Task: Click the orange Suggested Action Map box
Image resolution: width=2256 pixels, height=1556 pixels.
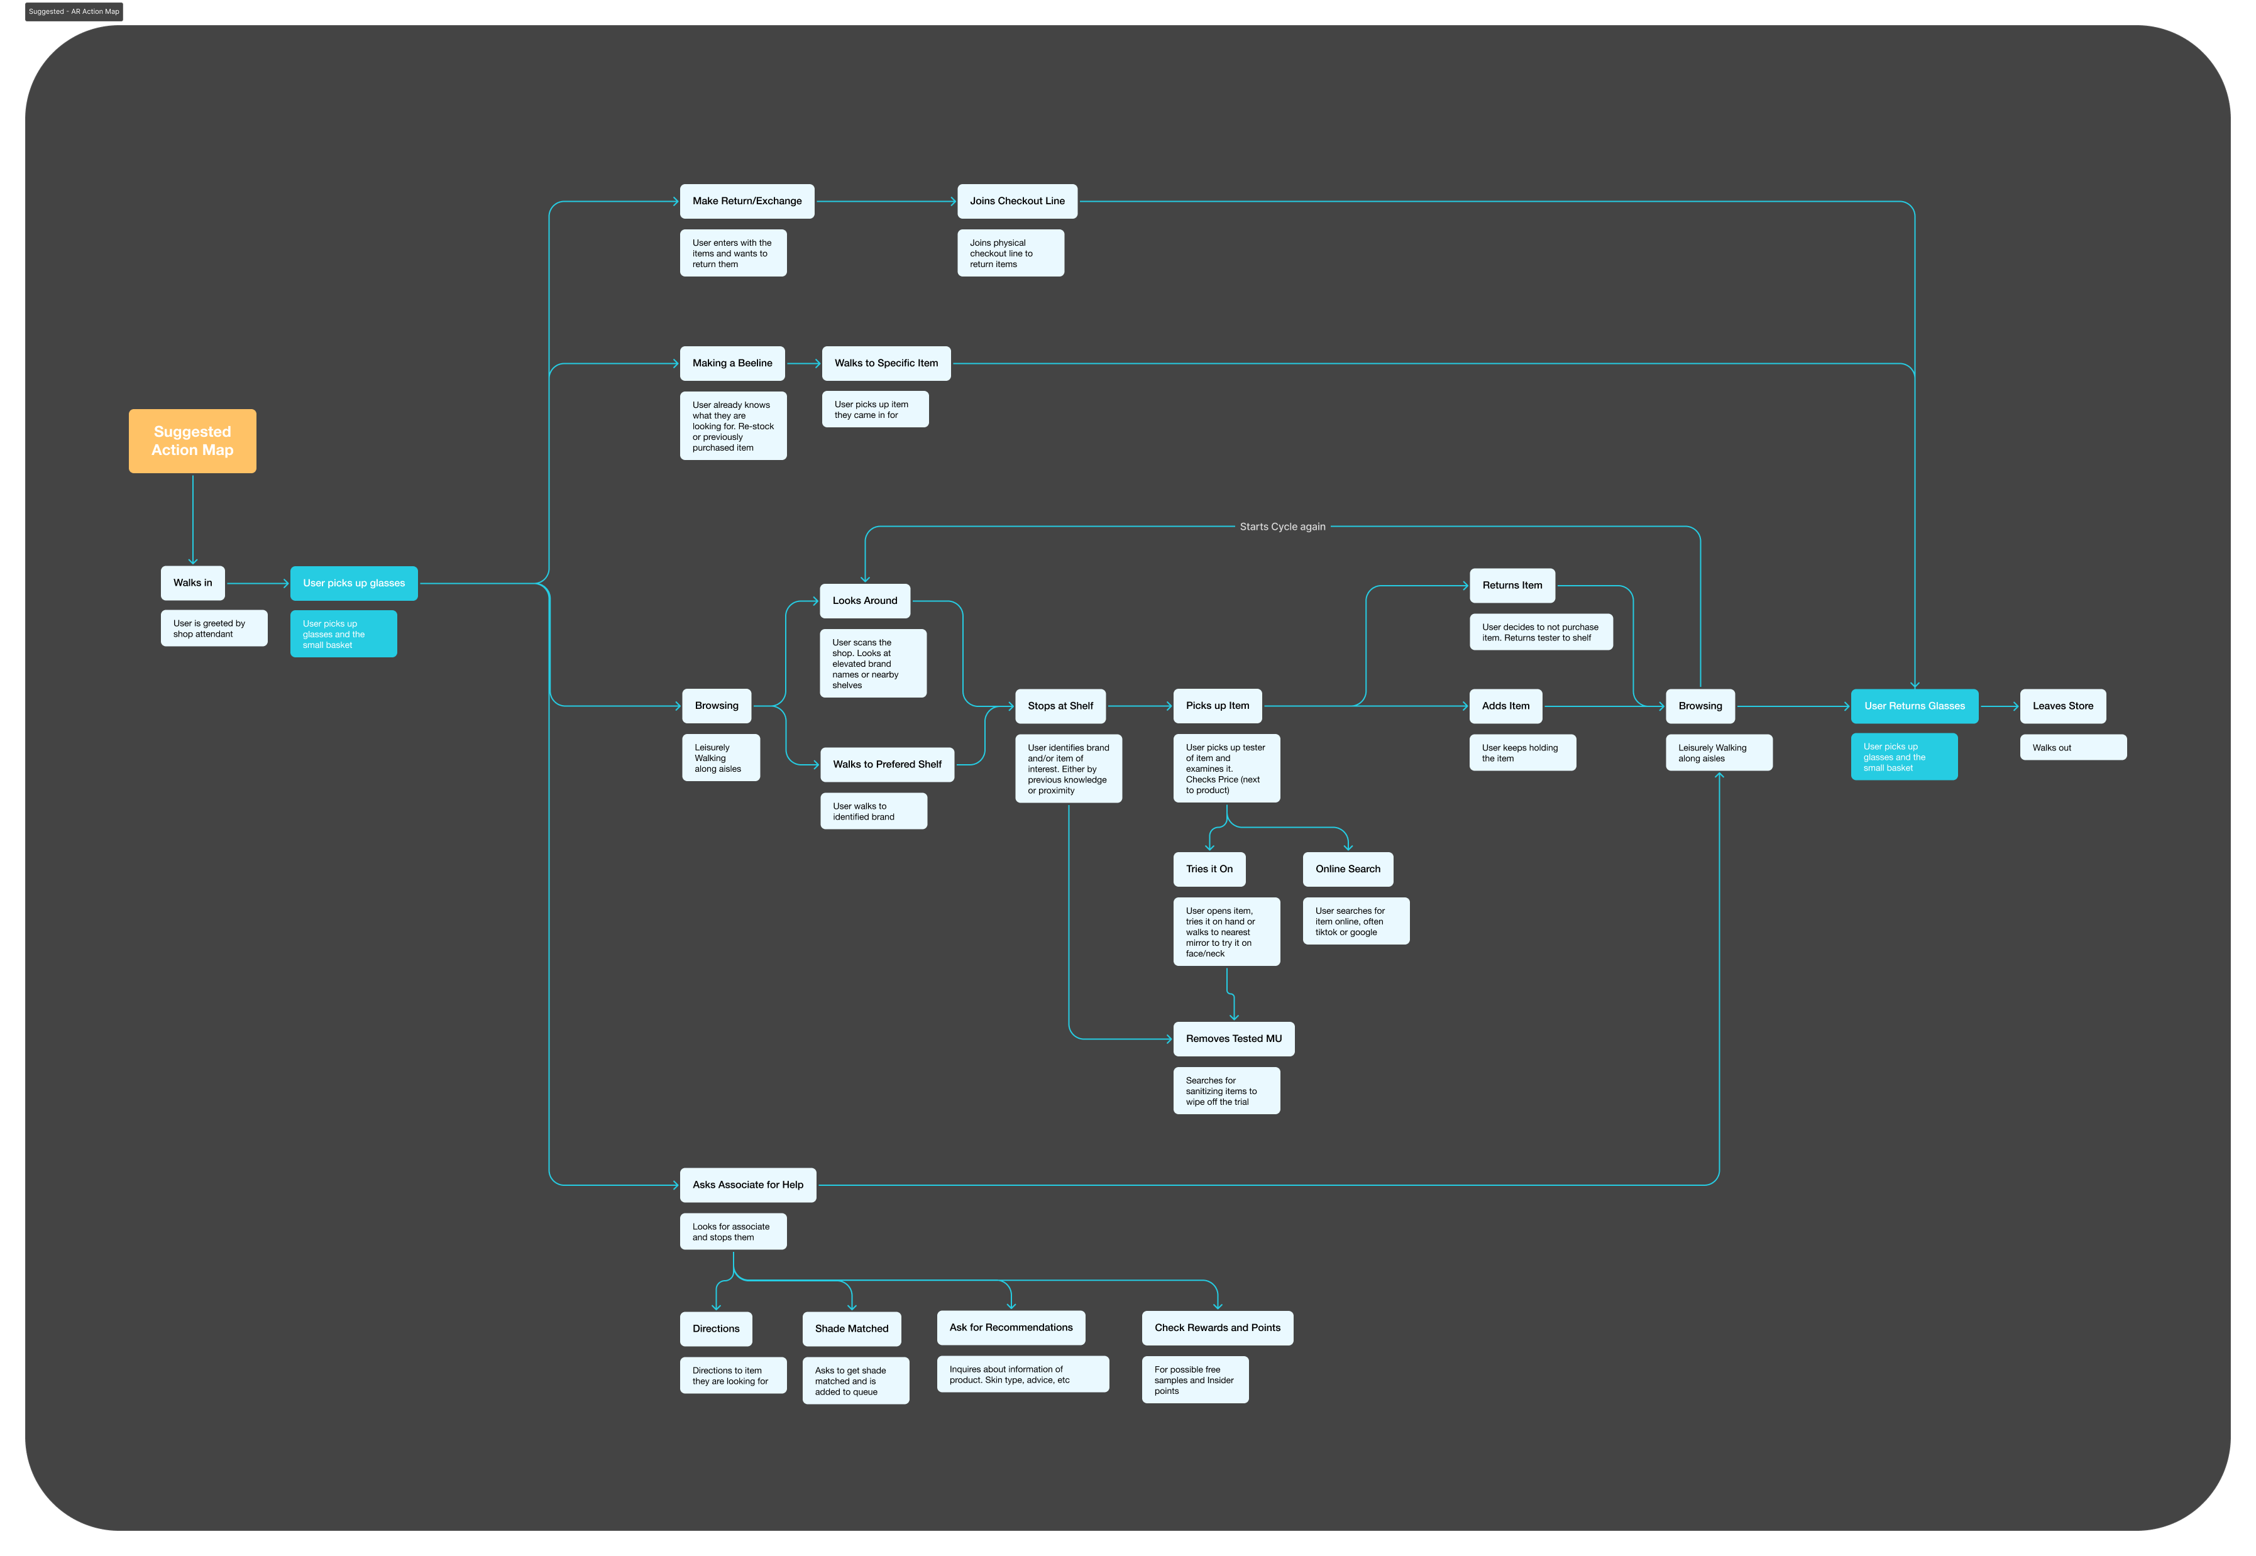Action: click(x=192, y=441)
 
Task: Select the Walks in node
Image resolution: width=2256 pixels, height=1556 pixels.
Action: click(x=192, y=583)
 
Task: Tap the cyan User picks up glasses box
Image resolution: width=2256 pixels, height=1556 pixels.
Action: click(x=354, y=583)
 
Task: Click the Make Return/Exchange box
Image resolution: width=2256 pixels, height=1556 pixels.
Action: click(x=747, y=201)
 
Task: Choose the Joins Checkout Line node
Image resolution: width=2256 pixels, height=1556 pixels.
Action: click(x=1017, y=201)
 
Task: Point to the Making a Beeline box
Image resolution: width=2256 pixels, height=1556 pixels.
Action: click(x=732, y=363)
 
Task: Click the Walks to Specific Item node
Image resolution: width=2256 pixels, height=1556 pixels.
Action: click(x=886, y=363)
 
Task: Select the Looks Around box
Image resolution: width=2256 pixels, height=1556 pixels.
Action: click(x=865, y=601)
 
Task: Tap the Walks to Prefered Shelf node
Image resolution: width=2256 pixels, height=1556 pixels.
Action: click(x=887, y=764)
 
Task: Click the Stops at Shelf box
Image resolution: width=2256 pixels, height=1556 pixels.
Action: click(x=1060, y=706)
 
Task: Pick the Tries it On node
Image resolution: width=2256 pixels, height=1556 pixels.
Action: click(x=1209, y=868)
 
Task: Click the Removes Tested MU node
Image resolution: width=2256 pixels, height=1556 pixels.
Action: click(x=1233, y=1038)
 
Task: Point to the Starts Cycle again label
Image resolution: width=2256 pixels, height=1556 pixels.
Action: click(x=1282, y=527)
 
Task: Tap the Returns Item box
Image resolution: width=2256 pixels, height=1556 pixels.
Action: click(x=1512, y=585)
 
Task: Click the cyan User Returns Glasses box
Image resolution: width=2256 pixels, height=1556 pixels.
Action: click(x=1914, y=706)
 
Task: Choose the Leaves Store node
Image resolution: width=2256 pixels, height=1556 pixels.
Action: click(x=2062, y=706)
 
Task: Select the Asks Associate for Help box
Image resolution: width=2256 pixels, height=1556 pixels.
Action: click(x=748, y=1185)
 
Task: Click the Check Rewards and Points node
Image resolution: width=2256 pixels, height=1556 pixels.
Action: click(x=1217, y=1328)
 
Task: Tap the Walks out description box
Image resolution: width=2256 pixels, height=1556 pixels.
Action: click(x=2072, y=748)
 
